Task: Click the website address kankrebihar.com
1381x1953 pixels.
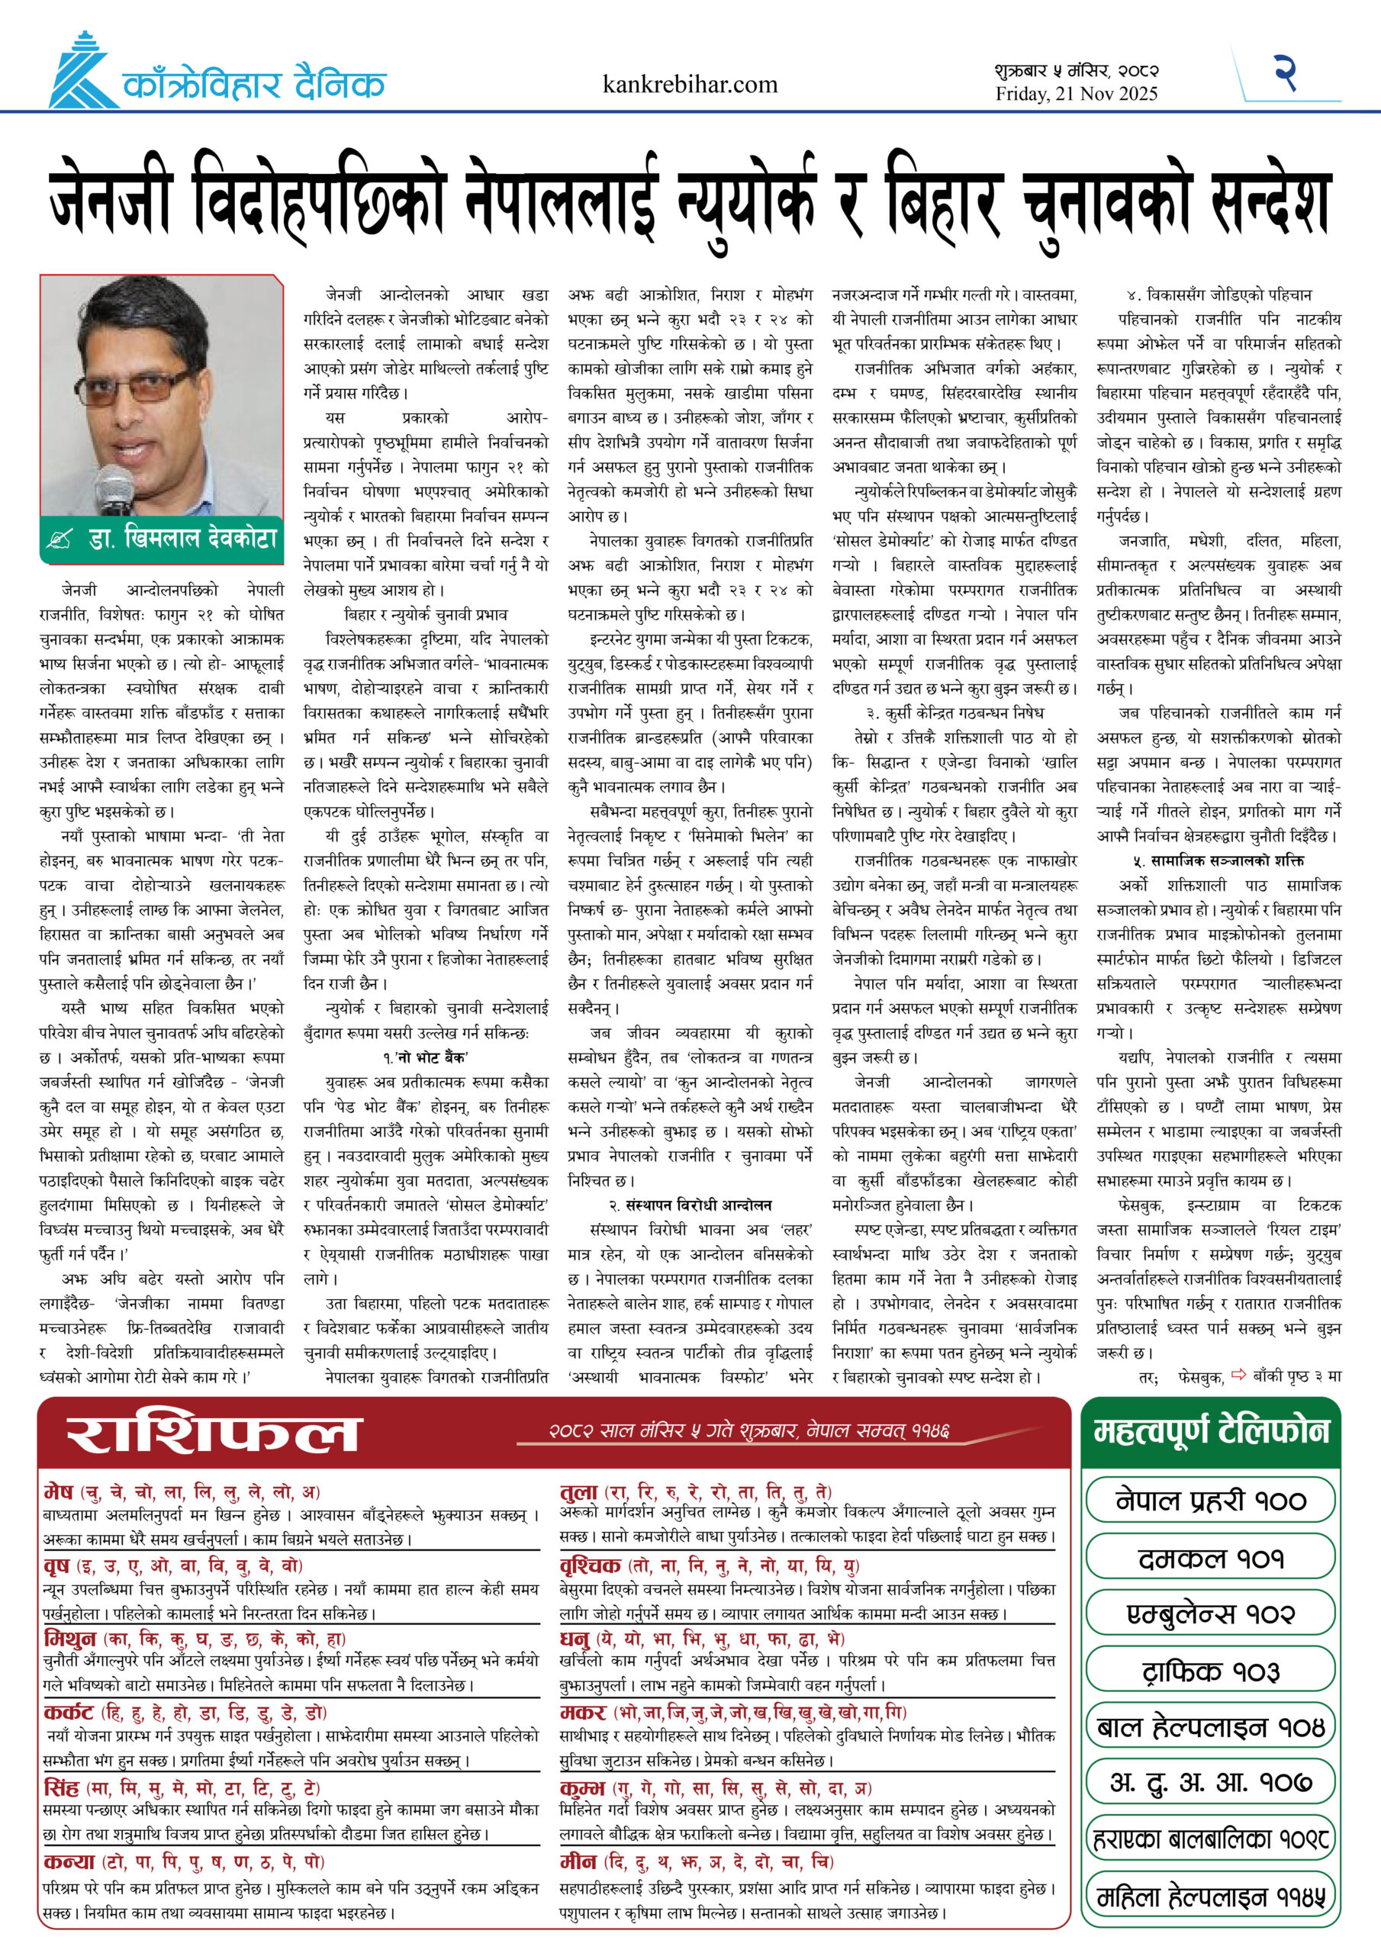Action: [x=689, y=84]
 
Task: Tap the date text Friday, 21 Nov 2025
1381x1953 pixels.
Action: [x=1077, y=95]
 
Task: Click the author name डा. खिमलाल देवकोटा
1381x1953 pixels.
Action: [x=182, y=539]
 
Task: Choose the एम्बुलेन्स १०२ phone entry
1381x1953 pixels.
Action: [x=1211, y=1614]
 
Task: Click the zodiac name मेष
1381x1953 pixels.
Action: [x=58, y=1492]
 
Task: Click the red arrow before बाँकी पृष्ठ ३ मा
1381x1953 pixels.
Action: [x=1238, y=1375]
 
